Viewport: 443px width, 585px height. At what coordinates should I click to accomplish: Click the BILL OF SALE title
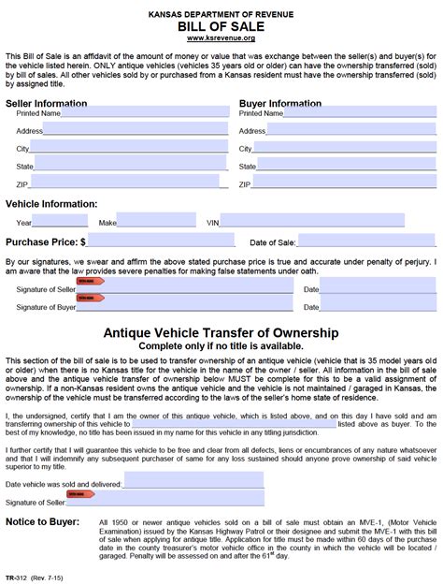pyautogui.click(x=221, y=28)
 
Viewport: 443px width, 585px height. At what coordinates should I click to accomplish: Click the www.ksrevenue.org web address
pyautogui.click(x=221, y=39)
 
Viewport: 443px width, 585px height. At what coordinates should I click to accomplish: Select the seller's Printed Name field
pyautogui.click(x=144, y=112)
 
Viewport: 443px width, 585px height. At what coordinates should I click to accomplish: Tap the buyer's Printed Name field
pyautogui.click(x=350, y=112)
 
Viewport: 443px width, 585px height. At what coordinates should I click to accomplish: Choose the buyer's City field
pyautogui.click(x=341, y=148)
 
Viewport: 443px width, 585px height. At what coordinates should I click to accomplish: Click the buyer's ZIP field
pyautogui.click(x=341, y=183)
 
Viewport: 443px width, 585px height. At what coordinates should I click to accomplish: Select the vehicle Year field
pyautogui.click(x=62, y=222)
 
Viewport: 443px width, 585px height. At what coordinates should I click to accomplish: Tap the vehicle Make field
pyautogui.click(x=156, y=222)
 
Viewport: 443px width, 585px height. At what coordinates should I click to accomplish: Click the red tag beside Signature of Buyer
pyautogui.click(x=90, y=299)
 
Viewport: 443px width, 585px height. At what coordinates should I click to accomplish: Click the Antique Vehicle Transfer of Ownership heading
pyautogui.click(x=221, y=332)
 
